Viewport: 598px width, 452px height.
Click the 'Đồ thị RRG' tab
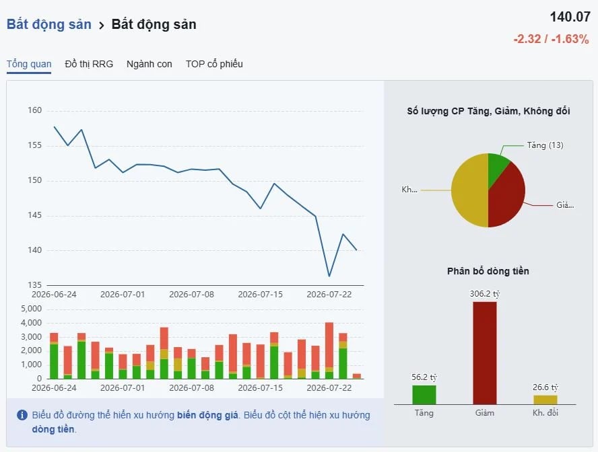(x=89, y=64)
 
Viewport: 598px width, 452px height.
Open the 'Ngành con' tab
(x=149, y=64)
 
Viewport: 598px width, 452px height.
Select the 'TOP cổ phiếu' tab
(x=214, y=64)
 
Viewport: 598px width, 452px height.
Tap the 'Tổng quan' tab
(x=29, y=64)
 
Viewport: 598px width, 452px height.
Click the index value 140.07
(x=570, y=17)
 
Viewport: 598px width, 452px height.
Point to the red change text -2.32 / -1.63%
(x=551, y=39)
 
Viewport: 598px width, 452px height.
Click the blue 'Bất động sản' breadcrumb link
(x=48, y=24)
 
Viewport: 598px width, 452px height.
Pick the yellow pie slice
(x=469, y=190)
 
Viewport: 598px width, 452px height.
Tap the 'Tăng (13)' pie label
(x=545, y=145)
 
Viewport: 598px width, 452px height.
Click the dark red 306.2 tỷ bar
(x=485, y=353)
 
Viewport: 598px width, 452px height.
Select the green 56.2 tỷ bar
(x=424, y=395)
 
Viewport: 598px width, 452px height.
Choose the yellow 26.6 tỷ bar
(x=545, y=400)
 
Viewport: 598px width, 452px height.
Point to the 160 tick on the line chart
(x=35, y=110)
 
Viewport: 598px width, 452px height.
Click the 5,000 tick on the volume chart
(x=31, y=309)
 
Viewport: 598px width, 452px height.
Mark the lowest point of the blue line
(x=329, y=276)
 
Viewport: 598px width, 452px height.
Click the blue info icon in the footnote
(x=22, y=415)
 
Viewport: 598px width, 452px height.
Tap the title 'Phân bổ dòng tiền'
(x=488, y=271)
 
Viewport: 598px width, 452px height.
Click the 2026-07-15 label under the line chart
(x=260, y=295)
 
